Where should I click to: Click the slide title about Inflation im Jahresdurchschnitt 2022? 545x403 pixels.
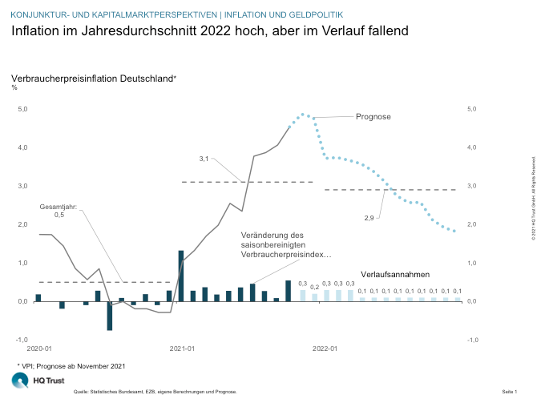210,31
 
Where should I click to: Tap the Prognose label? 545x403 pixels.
373,117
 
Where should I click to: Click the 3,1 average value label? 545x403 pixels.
204,159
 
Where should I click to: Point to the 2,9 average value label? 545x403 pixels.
369,218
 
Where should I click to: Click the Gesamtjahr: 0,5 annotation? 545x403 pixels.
59,211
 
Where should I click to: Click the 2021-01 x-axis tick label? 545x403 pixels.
181,349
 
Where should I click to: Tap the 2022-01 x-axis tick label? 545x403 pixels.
325,349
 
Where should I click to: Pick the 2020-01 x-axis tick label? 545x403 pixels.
39,349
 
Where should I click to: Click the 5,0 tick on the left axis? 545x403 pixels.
22,109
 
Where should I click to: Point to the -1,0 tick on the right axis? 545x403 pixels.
472,340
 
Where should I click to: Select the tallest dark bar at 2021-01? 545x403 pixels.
181,276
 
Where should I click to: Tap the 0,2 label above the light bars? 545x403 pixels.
315,286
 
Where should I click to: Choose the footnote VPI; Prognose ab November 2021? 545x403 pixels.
71,365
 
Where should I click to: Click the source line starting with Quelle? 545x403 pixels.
155,392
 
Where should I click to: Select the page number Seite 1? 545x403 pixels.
509,392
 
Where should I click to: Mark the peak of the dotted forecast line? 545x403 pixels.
302,114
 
